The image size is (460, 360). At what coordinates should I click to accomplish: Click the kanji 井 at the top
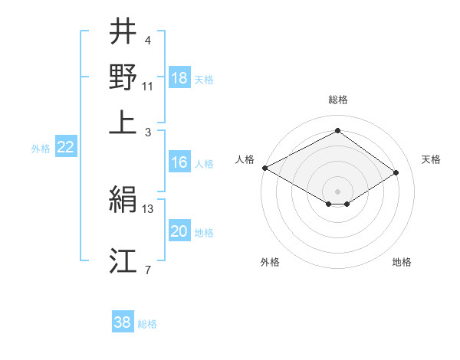[x=123, y=33]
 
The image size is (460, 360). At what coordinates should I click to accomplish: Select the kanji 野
[x=123, y=77]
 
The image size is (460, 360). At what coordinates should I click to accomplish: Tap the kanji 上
[x=123, y=121]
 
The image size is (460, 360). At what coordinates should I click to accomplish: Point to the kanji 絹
[x=123, y=201]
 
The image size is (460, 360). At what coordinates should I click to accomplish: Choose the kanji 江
[x=123, y=261]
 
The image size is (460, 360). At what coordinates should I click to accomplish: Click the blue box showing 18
[x=179, y=78]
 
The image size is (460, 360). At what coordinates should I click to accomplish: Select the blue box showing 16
[x=179, y=162]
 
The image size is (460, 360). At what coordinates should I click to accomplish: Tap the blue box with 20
[x=179, y=232]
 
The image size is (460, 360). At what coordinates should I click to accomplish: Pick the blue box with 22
[x=65, y=148]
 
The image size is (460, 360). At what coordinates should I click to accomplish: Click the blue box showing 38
[x=123, y=322]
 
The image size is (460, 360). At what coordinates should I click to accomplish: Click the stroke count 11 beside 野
[x=148, y=85]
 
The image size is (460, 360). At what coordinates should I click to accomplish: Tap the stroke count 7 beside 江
[x=148, y=269]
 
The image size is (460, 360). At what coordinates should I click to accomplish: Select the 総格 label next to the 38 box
[x=147, y=324]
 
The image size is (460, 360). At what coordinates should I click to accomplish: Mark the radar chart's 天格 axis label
[x=431, y=159]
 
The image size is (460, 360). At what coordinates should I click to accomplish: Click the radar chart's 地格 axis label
[x=402, y=263]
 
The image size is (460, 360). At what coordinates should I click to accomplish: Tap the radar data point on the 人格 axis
[x=264, y=168]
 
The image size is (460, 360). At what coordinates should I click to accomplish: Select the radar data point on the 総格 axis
[x=337, y=130]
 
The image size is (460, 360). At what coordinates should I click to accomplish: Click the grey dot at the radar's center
[x=337, y=191]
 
